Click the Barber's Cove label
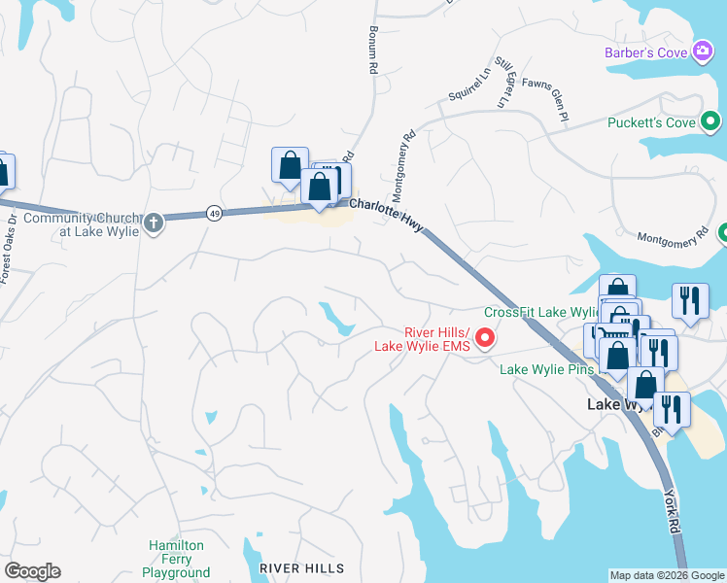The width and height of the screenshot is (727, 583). coord(644,51)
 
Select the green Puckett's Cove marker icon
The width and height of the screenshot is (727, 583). coord(711,122)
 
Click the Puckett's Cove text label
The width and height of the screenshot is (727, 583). coord(651,122)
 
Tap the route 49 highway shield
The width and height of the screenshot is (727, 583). coord(213,213)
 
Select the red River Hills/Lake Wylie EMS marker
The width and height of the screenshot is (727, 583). coord(487,338)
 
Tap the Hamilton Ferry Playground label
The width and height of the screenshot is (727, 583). coord(176,559)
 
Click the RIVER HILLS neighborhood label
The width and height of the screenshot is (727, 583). coord(301,567)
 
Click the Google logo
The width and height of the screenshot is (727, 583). coord(32,571)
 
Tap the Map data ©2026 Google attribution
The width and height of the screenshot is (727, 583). coord(667,575)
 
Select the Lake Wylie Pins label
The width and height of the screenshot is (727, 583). coord(549,369)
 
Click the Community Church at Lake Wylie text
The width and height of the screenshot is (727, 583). coord(82,223)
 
